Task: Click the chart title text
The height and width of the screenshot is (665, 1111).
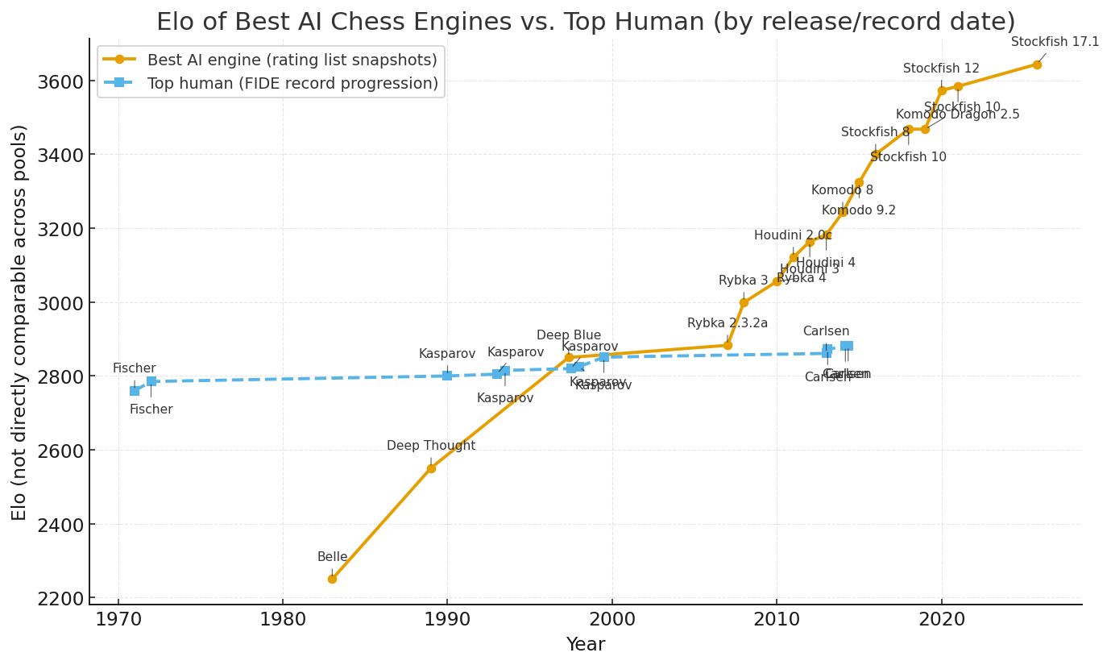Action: point(586,22)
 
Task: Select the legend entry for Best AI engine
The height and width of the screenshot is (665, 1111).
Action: point(292,60)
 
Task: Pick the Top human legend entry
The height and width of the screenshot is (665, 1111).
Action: point(292,83)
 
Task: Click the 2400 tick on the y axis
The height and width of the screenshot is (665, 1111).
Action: point(61,525)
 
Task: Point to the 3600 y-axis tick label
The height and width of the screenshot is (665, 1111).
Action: point(61,81)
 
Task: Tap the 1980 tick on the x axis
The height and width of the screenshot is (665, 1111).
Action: point(283,621)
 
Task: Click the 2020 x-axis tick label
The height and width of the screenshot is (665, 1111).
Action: point(941,621)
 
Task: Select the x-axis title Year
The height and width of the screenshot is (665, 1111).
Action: point(586,645)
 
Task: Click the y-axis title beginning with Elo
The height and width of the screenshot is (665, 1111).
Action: point(20,322)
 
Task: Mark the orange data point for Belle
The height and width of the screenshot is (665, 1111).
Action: point(332,579)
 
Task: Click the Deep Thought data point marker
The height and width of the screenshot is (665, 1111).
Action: point(431,468)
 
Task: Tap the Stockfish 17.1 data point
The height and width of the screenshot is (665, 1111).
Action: point(1037,64)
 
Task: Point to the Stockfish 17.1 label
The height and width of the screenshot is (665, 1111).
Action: point(1055,42)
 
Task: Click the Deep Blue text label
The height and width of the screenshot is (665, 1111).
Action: point(569,335)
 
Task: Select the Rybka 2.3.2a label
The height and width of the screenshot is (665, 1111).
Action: point(728,323)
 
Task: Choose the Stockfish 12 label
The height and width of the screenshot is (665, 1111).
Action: point(941,69)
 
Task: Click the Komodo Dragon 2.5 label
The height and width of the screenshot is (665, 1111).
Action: point(958,114)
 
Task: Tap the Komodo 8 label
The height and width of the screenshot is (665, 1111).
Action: point(842,190)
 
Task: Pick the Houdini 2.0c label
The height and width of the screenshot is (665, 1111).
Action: point(793,235)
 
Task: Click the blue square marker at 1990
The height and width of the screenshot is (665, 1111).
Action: point(447,376)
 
